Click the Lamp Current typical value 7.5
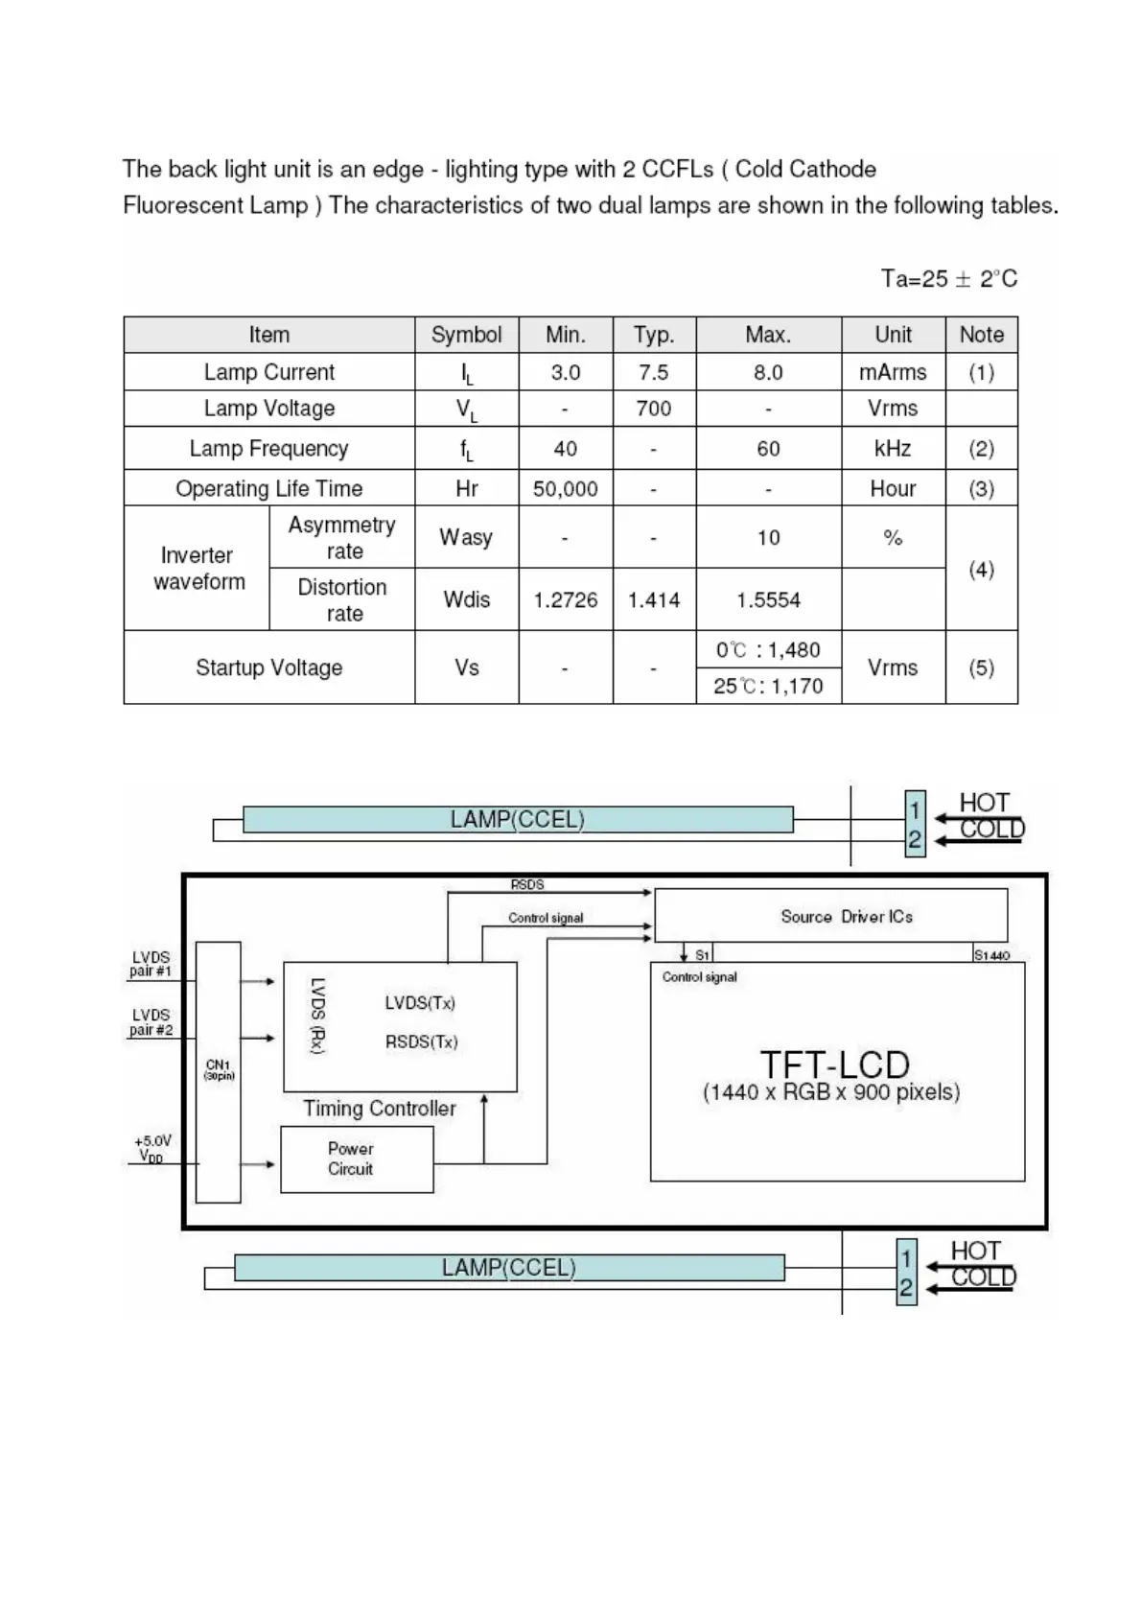pyautogui.click(x=653, y=372)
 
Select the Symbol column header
pyautogui.click(x=466, y=335)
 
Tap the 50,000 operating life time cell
pyautogui.click(x=565, y=489)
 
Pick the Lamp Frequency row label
pyautogui.click(x=268, y=448)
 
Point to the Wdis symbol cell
pyautogui.click(x=466, y=599)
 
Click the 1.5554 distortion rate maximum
pyautogui.click(x=768, y=600)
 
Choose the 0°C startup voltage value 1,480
pyautogui.click(x=768, y=650)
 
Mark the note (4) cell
pyautogui.click(x=981, y=570)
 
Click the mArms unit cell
pyautogui.click(x=893, y=372)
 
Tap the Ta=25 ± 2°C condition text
pyautogui.click(x=948, y=279)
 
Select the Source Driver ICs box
pyautogui.click(x=830, y=916)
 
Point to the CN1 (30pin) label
pyautogui.click(x=218, y=1069)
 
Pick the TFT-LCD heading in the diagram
pyautogui.click(x=834, y=1065)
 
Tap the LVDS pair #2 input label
pyautogui.click(x=151, y=1022)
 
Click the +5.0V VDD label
pyautogui.click(x=152, y=1148)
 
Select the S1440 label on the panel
pyautogui.click(x=991, y=955)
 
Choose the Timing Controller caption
pyautogui.click(x=380, y=1109)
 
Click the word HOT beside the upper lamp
pyautogui.click(x=985, y=803)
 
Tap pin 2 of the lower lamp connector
pyautogui.click(x=906, y=1288)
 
